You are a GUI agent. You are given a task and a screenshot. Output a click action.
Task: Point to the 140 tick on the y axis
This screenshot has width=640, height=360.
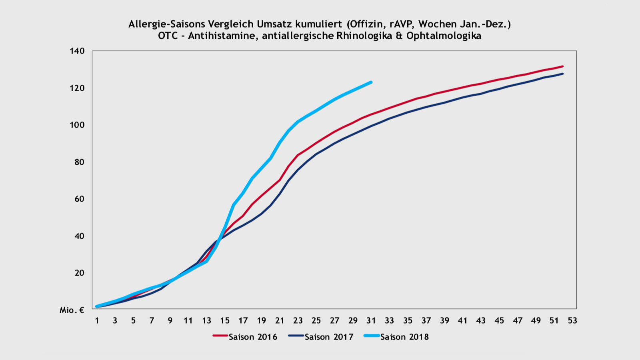pyautogui.click(x=78, y=51)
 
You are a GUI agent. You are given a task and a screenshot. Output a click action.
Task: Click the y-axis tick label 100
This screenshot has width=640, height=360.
pyautogui.click(x=78, y=125)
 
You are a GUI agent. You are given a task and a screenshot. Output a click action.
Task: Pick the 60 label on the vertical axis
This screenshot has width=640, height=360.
pyautogui.click(x=79, y=199)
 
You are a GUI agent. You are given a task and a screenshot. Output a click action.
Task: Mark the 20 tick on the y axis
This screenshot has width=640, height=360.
pyautogui.click(x=79, y=273)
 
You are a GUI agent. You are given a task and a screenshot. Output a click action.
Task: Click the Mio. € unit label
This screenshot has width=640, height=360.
pyautogui.click(x=72, y=310)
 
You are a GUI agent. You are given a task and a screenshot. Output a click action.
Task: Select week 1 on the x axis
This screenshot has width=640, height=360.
pyautogui.click(x=97, y=320)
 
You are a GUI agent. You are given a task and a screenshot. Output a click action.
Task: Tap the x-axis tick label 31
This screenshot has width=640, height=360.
pyautogui.click(x=371, y=320)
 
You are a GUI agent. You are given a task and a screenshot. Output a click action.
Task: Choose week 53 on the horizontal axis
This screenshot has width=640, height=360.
pyautogui.click(x=572, y=320)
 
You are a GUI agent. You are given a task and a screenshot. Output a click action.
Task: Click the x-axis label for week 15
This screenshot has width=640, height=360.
pyautogui.click(x=225, y=320)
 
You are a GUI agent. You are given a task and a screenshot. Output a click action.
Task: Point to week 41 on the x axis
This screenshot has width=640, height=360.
pyautogui.click(x=463, y=320)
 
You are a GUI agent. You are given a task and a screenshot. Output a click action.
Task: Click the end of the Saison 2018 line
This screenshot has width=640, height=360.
pyautogui.click(x=371, y=82)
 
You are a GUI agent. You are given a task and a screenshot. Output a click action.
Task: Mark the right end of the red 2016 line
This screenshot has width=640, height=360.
pyautogui.click(x=563, y=66)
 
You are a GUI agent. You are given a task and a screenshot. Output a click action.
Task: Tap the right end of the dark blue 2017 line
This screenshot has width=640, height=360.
pyautogui.click(x=563, y=74)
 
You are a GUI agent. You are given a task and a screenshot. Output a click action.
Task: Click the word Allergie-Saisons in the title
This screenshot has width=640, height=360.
pyautogui.click(x=167, y=24)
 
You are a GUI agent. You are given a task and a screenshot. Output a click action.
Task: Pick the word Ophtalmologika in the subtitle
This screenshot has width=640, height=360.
pyautogui.click(x=444, y=36)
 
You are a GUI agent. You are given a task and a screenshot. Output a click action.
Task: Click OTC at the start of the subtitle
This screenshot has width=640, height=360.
pyautogui.click(x=168, y=36)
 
